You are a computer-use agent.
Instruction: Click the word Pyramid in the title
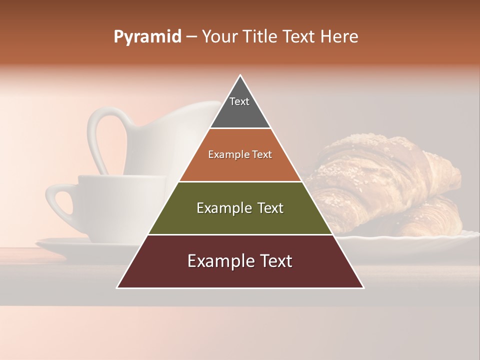click(x=147, y=37)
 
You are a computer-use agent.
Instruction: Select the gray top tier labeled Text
click(x=240, y=107)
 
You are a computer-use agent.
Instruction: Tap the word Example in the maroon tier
click(x=216, y=261)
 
